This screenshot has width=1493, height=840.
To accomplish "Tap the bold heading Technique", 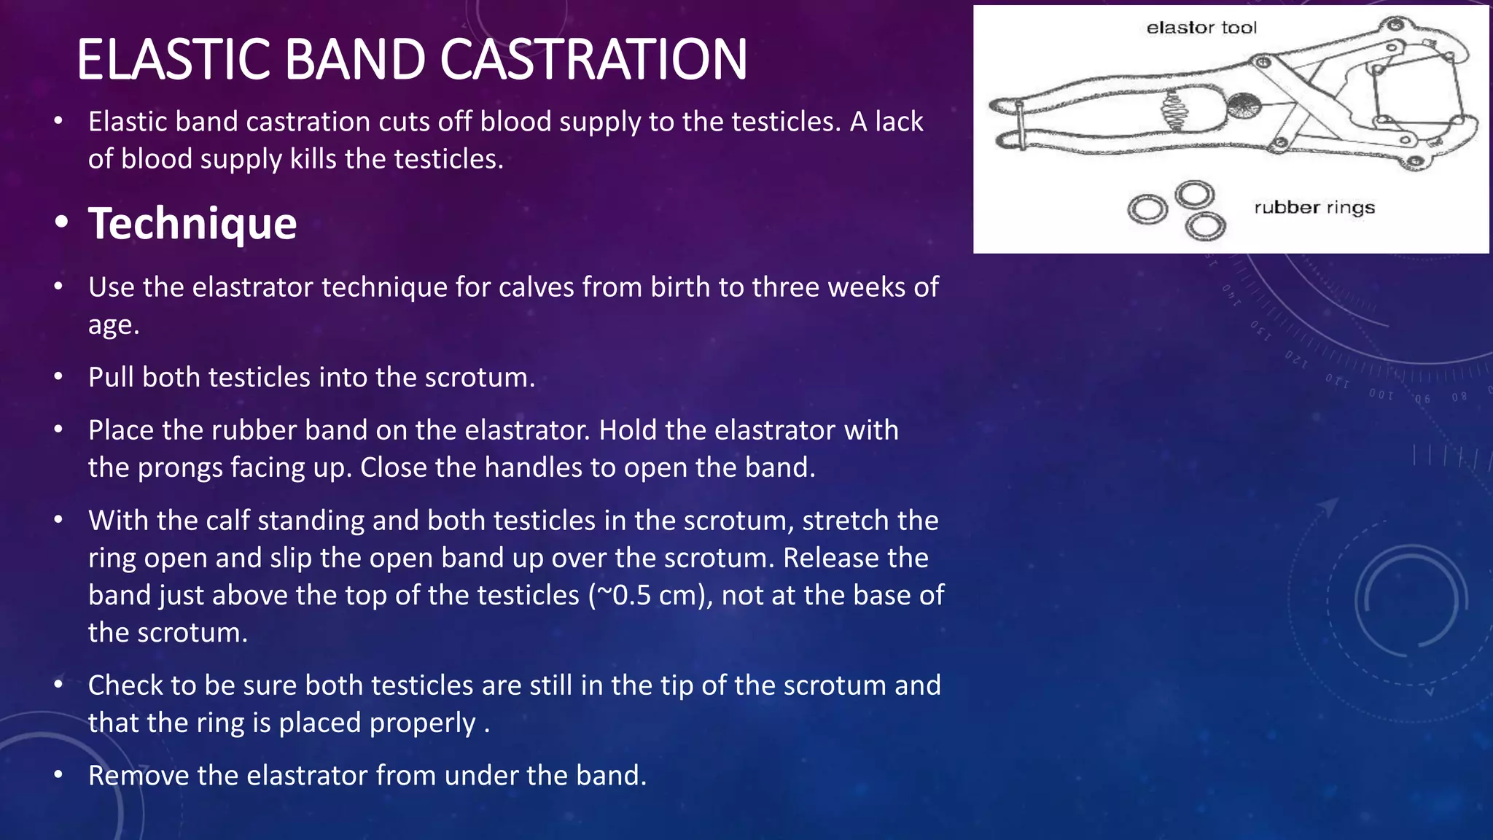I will (x=192, y=223).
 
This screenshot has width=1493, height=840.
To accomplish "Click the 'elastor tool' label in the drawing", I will (x=1201, y=28).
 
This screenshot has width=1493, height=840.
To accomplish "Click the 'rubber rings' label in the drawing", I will (x=1314, y=208).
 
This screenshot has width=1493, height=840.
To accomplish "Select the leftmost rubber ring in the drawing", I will (x=1147, y=210).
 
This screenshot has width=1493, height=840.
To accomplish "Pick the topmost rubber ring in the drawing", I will (x=1194, y=195).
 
